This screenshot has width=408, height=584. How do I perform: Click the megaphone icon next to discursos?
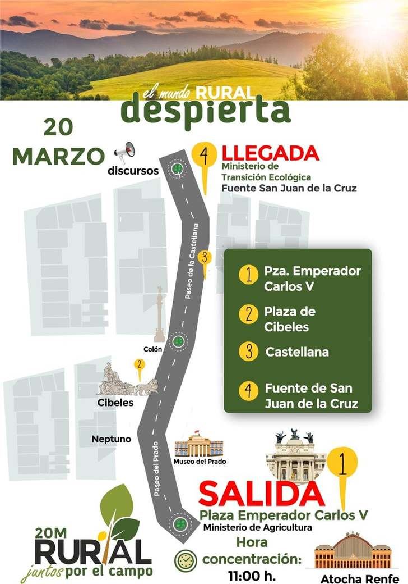click(x=125, y=152)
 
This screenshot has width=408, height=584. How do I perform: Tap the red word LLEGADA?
click(x=271, y=154)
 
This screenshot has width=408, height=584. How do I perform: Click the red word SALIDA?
click(x=261, y=494)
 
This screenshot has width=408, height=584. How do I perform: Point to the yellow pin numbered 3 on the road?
click(x=206, y=260)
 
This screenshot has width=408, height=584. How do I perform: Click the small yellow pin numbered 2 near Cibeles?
click(x=138, y=366)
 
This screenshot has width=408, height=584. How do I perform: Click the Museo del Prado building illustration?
click(x=199, y=445)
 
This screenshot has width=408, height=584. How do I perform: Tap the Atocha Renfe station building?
click(x=352, y=551)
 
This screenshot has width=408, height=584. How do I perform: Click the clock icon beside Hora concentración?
click(x=184, y=561)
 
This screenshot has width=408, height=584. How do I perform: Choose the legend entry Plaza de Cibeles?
click(x=290, y=319)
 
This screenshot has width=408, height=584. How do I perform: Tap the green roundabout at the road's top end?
click(x=178, y=168)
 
